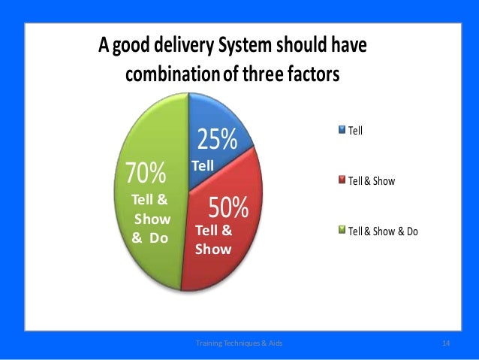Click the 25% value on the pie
(x=216, y=140)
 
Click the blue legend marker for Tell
(x=342, y=129)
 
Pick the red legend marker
(x=342, y=180)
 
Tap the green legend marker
(x=342, y=231)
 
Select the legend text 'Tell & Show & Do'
(x=383, y=231)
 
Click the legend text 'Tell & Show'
(x=371, y=180)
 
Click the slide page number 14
(x=446, y=343)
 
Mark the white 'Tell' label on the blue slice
(x=203, y=165)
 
